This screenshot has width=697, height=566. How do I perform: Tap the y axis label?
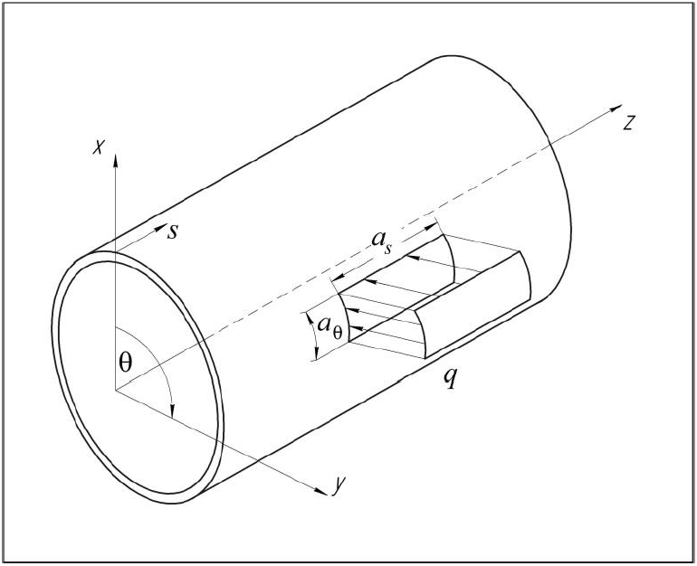click(339, 486)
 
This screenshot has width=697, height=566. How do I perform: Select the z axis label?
click(628, 123)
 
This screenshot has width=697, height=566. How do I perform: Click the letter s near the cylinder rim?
click(173, 231)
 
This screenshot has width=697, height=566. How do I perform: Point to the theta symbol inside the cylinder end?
click(126, 363)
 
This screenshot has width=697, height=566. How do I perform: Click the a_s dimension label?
click(382, 242)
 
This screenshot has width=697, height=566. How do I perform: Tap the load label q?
click(450, 378)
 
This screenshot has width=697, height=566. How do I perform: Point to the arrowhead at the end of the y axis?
click(322, 490)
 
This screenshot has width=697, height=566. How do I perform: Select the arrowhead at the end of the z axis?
click(616, 108)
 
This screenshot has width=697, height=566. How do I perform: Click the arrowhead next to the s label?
click(160, 229)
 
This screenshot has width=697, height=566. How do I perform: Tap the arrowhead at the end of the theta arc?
click(173, 410)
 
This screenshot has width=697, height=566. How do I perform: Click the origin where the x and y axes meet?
click(116, 390)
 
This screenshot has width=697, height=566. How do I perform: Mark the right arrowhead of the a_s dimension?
click(431, 227)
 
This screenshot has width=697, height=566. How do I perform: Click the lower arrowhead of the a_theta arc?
click(316, 353)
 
